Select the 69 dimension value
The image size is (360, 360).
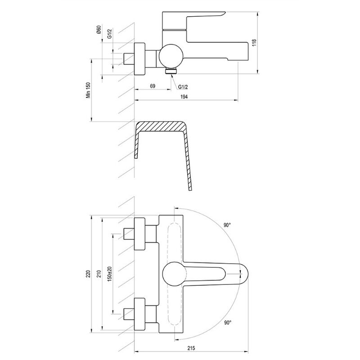tap(153, 86)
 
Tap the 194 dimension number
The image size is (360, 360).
tap(184, 97)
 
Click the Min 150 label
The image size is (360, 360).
tap(89, 90)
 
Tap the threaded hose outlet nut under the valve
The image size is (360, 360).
tap(171, 71)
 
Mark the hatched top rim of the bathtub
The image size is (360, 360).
tap(161, 126)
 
